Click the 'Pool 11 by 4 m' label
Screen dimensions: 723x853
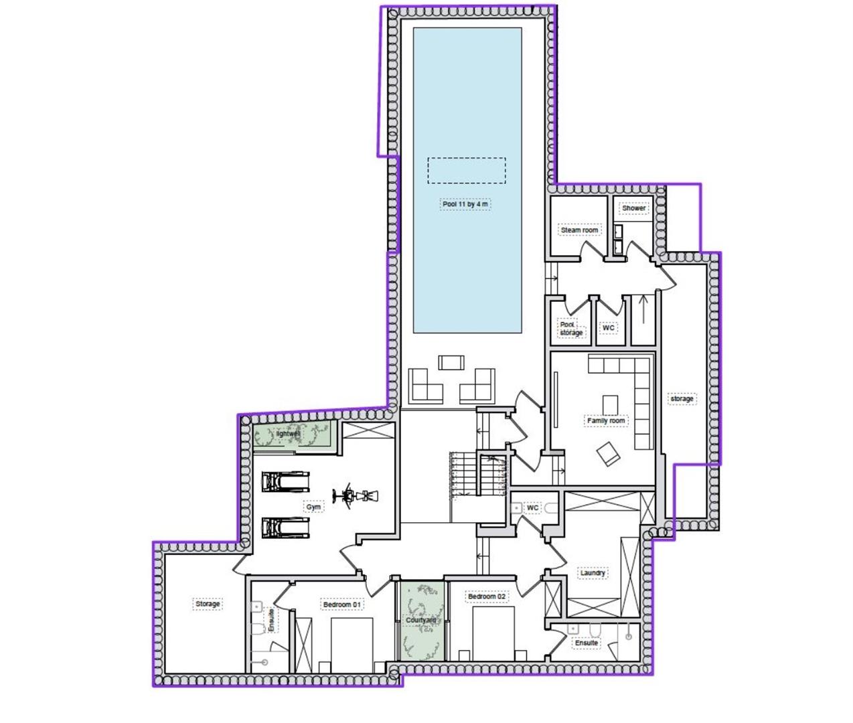(465, 204)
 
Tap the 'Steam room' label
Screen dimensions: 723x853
(579, 230)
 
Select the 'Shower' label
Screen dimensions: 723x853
(633, 208)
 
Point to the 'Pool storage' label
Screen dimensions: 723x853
(570, 329)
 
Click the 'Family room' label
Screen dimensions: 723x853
(606, 421)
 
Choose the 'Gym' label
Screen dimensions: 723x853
(313, 507)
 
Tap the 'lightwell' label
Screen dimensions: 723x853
(289, 434)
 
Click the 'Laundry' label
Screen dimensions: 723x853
(593, 573)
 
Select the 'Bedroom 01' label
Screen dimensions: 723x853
(342, 605)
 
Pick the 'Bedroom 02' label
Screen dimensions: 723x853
(487, 596)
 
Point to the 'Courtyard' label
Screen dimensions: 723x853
(421, 620)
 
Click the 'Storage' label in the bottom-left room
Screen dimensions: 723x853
(208, 604)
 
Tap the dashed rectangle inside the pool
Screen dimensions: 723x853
(467, 171)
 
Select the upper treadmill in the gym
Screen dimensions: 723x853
(286, 481)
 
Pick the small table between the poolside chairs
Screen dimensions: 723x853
(451, 362)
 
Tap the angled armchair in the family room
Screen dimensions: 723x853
(608, 455)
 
